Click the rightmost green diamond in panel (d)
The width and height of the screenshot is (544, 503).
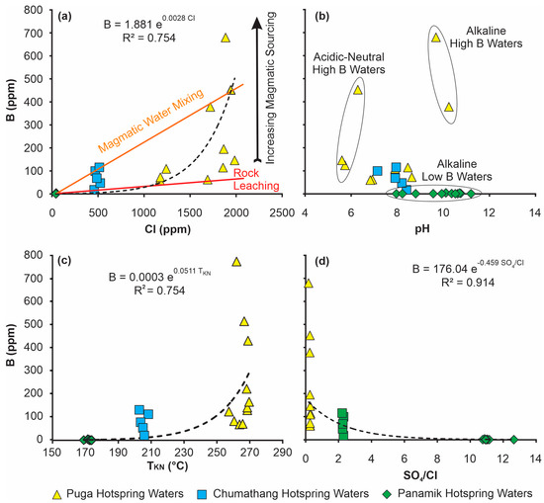(514, 439)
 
